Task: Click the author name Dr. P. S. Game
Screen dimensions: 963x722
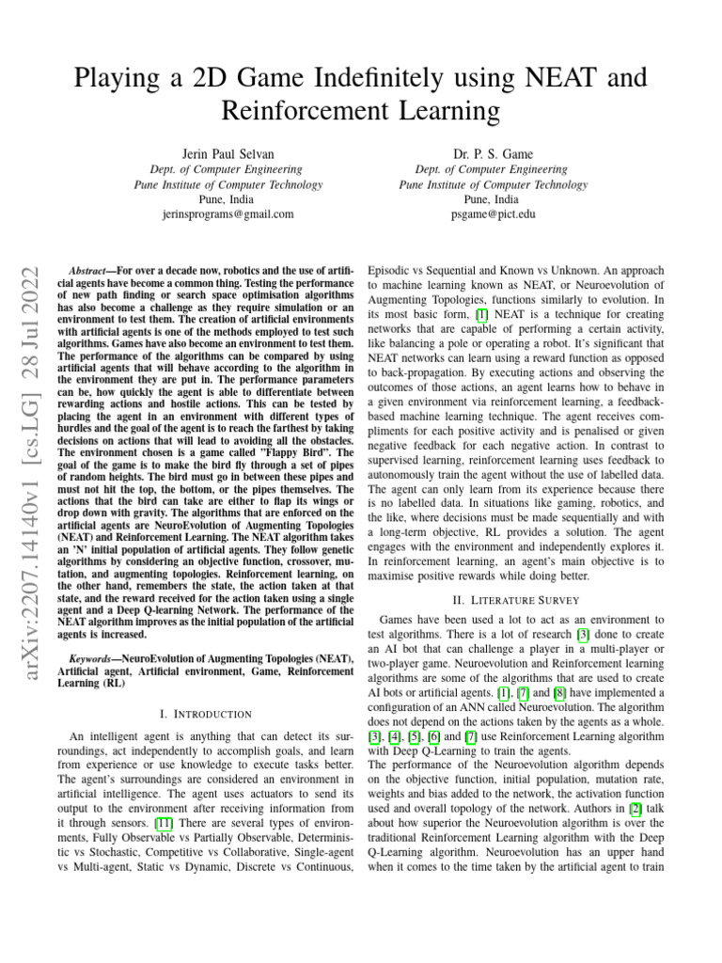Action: pos(493,154)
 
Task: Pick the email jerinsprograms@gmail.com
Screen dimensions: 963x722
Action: pos(213,213)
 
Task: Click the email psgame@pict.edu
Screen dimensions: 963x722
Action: pos(493,213)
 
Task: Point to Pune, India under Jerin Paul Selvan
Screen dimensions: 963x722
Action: pos(213,199)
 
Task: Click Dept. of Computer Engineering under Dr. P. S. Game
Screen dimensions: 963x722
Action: pos(493,169)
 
